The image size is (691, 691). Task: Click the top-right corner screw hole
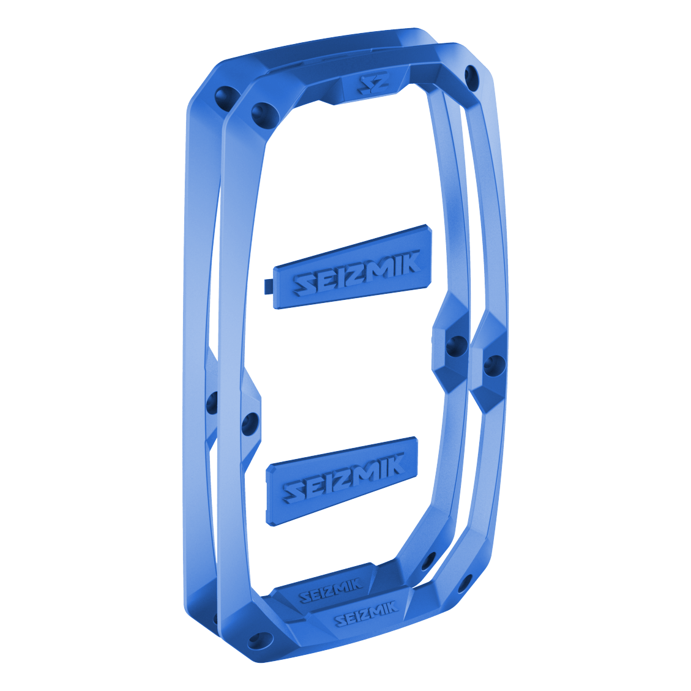pyautogui.click(x=472, y=77)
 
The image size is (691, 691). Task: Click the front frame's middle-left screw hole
pyautogui.click(x=249, y=424)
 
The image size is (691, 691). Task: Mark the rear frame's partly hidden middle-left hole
pyautogui.click(x=212, y=402)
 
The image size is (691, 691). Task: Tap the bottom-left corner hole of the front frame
pyautogui.click(x=257, y=640)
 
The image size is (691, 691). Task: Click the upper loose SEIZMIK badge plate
pyautogui.click(x=353, y=267)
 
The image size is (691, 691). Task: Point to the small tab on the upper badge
pyautogui.click(x=269, y=286)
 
